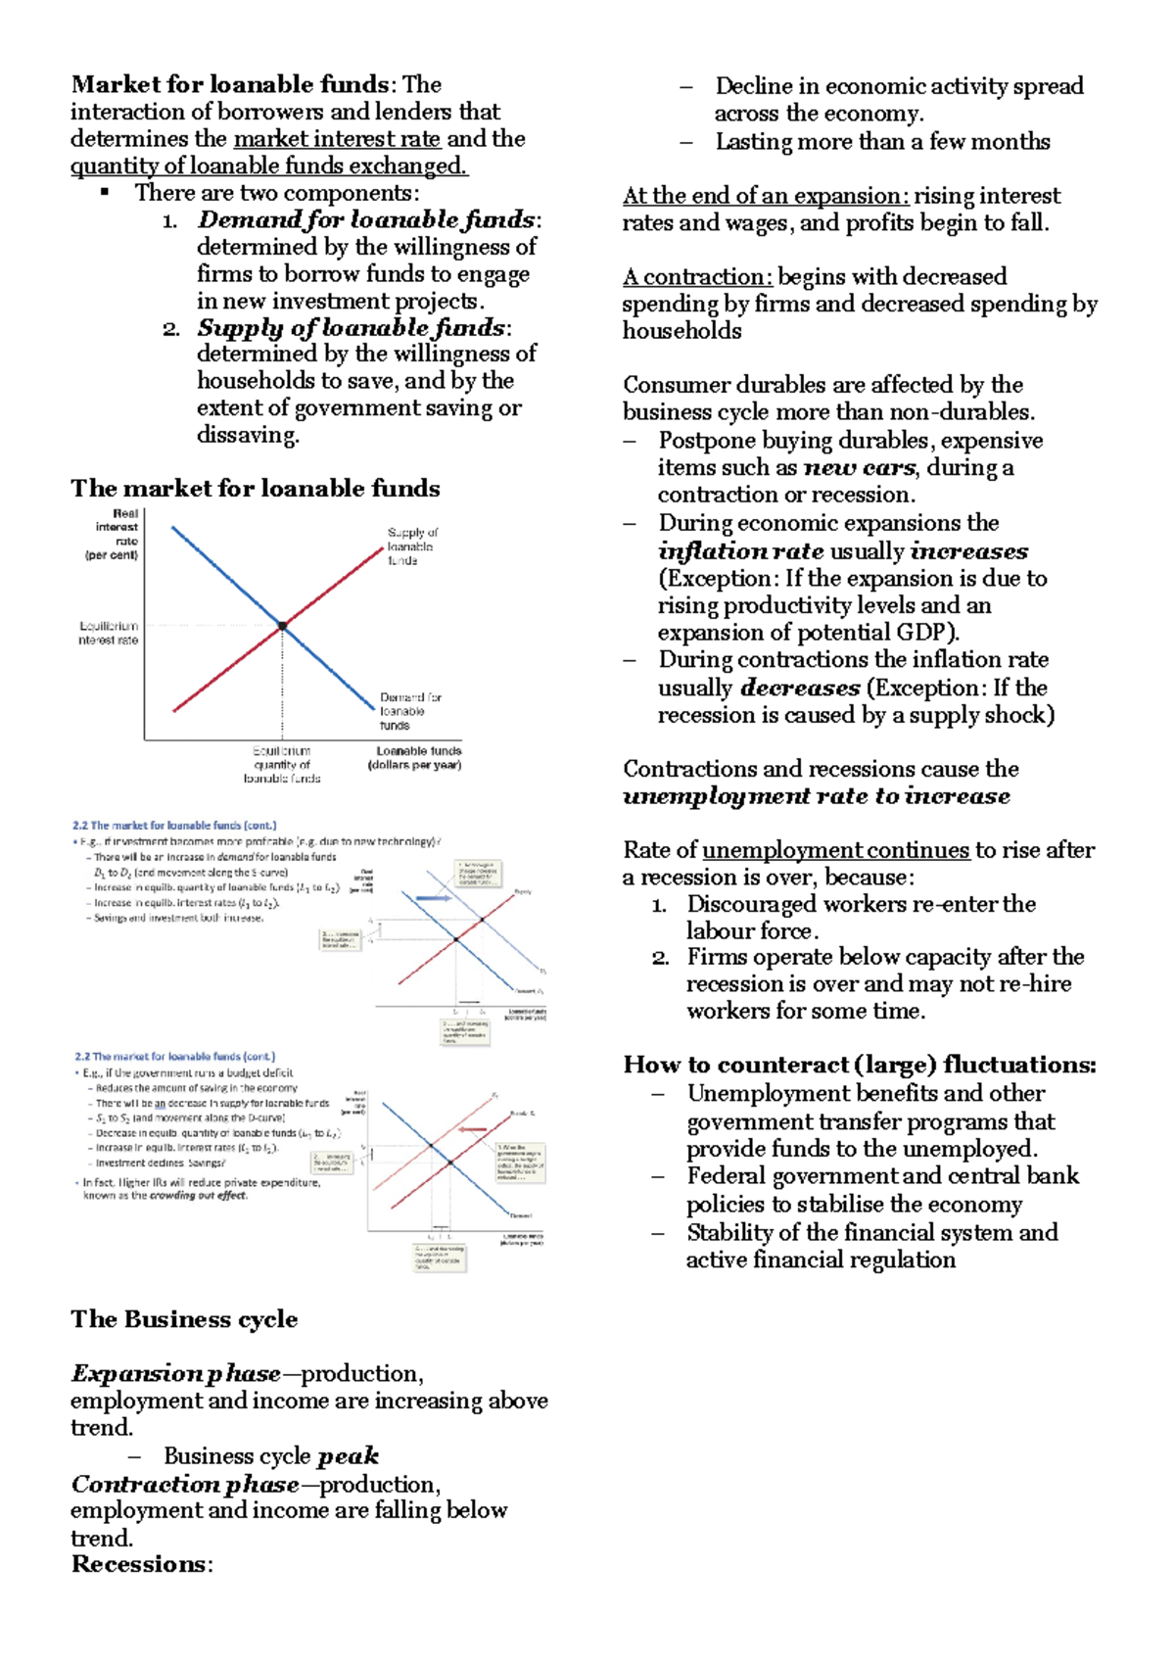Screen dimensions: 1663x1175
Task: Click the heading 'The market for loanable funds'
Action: tap(255, 488)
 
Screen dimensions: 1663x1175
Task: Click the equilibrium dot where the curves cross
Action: tap(283, 625)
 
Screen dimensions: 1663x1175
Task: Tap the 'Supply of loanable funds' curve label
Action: tap(411, 546)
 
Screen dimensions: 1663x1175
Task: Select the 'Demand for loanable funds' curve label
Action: tap(409, 711)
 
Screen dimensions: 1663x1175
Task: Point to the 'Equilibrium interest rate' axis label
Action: tap(109, 633)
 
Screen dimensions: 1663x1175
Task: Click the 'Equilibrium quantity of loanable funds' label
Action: tap(282, 765)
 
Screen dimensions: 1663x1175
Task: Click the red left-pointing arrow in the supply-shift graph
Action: tap(473, 1129)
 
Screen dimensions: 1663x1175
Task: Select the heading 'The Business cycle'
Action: tap(184, 1319)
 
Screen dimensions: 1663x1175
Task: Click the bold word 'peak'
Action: tap(348, 1455)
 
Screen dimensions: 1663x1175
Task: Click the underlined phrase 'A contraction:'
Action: tap(697, 277)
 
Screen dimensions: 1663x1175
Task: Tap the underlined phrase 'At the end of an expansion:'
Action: tap(766, 196)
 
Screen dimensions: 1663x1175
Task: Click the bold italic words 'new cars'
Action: tap(859, 467)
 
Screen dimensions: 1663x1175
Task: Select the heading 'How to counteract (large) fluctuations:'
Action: tap(859, 1065)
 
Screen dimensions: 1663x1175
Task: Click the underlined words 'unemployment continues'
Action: tap(835, 850)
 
